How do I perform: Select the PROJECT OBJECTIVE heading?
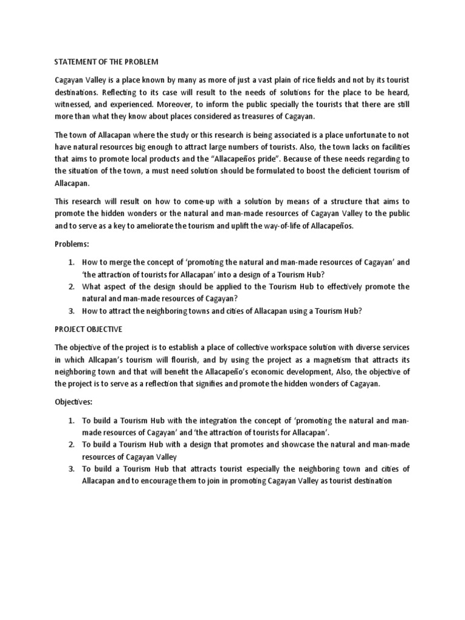[x=88, y=329]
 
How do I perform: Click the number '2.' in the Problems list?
[x=71, y=286]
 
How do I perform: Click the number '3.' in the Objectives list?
[x=71, y=469]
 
